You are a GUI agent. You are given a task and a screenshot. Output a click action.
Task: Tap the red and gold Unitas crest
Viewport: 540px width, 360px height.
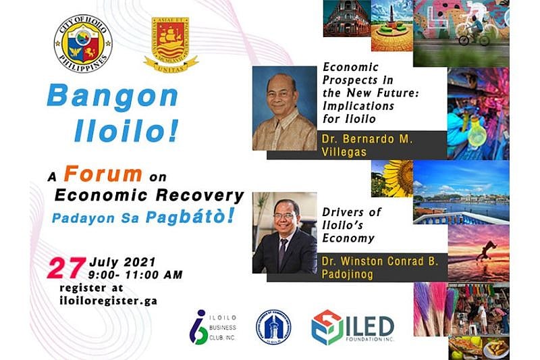pyautogui.click(x=171, y=44)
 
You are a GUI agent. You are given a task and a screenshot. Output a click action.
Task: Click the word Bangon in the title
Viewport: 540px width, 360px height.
pyautogui.click(x=112, y=97)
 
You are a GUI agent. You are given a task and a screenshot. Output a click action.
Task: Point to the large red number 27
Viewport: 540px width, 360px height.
pyautogui.click(x=65, y=267)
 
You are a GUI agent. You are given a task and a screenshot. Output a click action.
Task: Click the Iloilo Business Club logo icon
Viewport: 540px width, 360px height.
pyautogui.click(x=198, y=327)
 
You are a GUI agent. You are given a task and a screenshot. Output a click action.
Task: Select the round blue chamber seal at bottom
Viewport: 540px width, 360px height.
pyautogui.click(x=273, y=327)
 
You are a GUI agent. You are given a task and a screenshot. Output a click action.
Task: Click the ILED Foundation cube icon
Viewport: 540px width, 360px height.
pyautogui.click(x=327, y=328)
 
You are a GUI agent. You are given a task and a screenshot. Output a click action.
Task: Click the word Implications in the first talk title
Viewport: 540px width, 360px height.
pyautogui.click(x=358, y=106)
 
